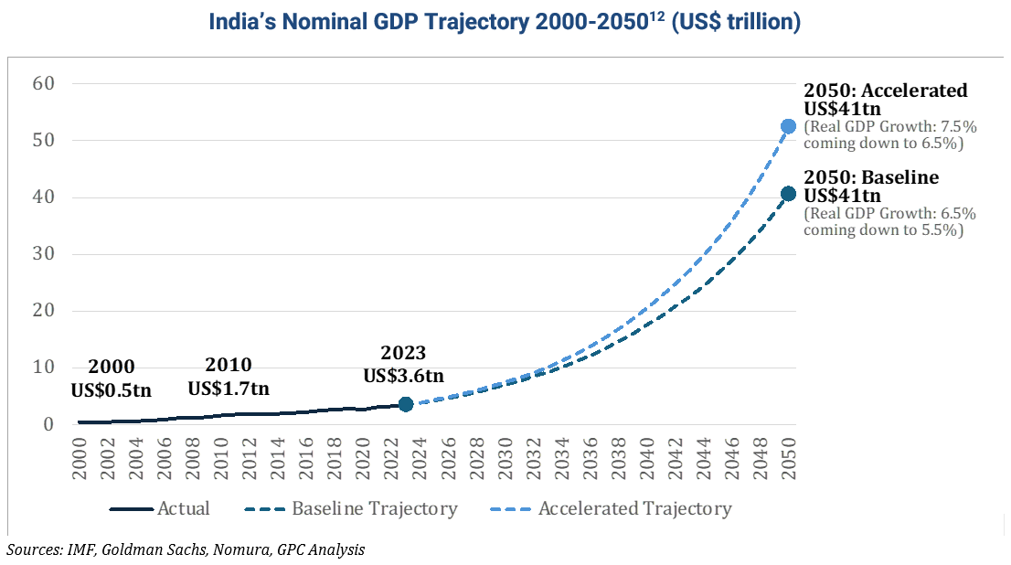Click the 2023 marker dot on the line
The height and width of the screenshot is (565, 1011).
(406, 404)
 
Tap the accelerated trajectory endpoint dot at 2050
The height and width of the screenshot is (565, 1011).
(788, 126)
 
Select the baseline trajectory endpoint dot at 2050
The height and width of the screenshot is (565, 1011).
(788, 194)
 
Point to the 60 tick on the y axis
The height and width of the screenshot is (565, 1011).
(44, 83)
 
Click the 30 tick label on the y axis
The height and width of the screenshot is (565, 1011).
(44, 253)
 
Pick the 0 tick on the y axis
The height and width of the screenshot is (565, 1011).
(49, 424)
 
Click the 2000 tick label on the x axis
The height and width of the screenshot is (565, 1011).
(80, 459)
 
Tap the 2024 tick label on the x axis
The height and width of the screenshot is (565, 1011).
(420, 459)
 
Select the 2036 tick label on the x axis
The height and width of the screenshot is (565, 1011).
(590, 459)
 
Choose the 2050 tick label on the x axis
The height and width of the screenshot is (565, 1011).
(789, 459)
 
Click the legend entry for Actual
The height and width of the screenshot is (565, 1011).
(160, 509)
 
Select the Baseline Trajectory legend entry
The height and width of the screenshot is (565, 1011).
(351, 509)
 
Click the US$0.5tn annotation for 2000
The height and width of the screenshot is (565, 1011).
(111, 390)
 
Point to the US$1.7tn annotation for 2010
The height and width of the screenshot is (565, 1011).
(229, 389)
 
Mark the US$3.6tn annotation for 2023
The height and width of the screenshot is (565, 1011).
(404, 376)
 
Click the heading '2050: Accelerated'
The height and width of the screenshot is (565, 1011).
(885, 91)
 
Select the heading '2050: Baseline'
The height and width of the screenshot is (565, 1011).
(871, 177)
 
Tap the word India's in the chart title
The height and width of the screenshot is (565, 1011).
(242, 22)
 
